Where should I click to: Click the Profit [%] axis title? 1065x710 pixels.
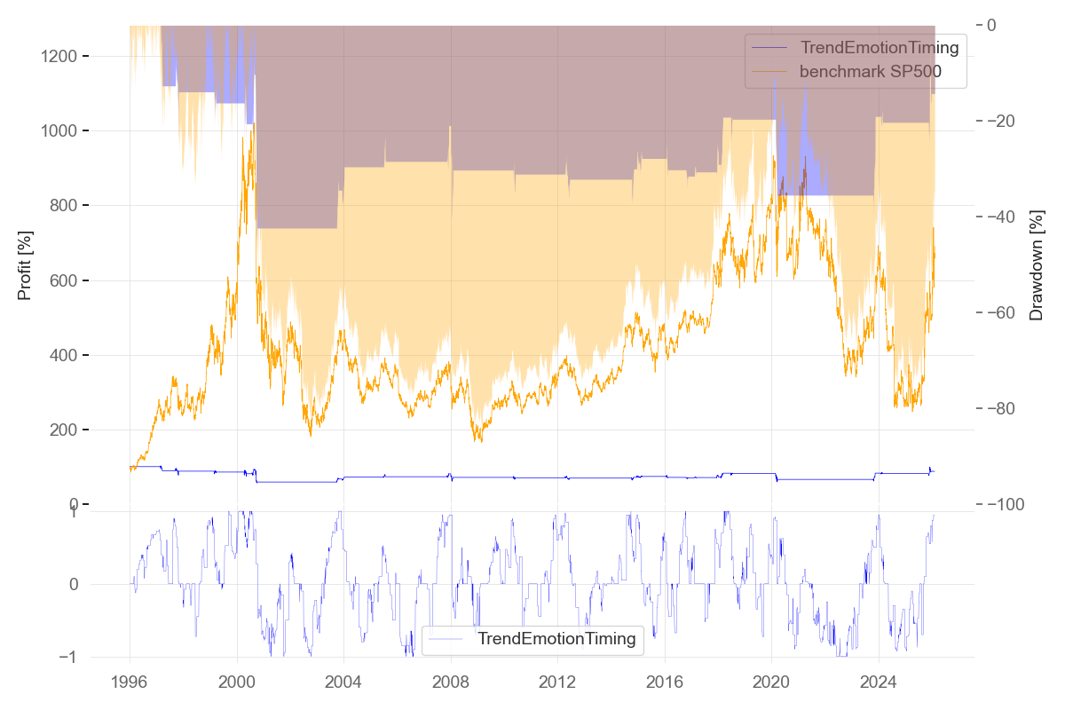tap(25, 264)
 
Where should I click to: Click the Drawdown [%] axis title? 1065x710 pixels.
tap(1036, 264)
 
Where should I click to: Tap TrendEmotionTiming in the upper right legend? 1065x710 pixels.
tap(879, 48)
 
